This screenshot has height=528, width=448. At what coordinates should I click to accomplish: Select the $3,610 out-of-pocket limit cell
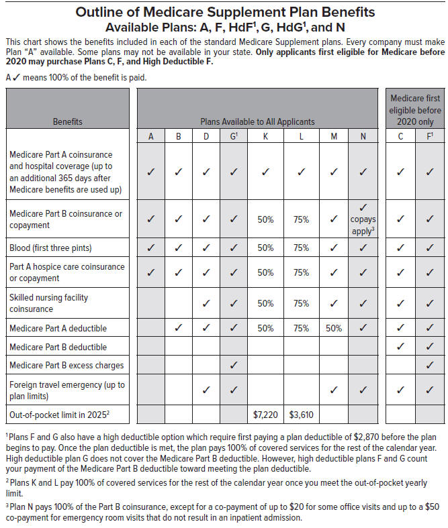point(302,413)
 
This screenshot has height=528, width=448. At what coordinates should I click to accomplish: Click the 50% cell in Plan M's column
point(334,329)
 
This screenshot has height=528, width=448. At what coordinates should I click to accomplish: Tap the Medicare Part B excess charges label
point(66,366)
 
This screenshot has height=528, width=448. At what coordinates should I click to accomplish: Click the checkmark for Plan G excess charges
point(233,366)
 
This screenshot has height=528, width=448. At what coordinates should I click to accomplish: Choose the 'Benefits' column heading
point(68,121)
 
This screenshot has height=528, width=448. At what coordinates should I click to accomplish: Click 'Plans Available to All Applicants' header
point(257,121)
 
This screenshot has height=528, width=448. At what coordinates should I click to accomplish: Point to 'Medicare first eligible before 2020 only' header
point(415,110)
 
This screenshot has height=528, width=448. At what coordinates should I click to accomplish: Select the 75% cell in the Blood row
point(302,248)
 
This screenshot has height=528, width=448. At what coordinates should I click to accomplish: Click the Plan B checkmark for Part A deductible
point(179,329)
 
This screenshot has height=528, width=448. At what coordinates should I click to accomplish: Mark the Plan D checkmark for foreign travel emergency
point(206,390)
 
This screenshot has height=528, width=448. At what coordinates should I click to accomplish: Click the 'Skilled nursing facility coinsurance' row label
point(48,303)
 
